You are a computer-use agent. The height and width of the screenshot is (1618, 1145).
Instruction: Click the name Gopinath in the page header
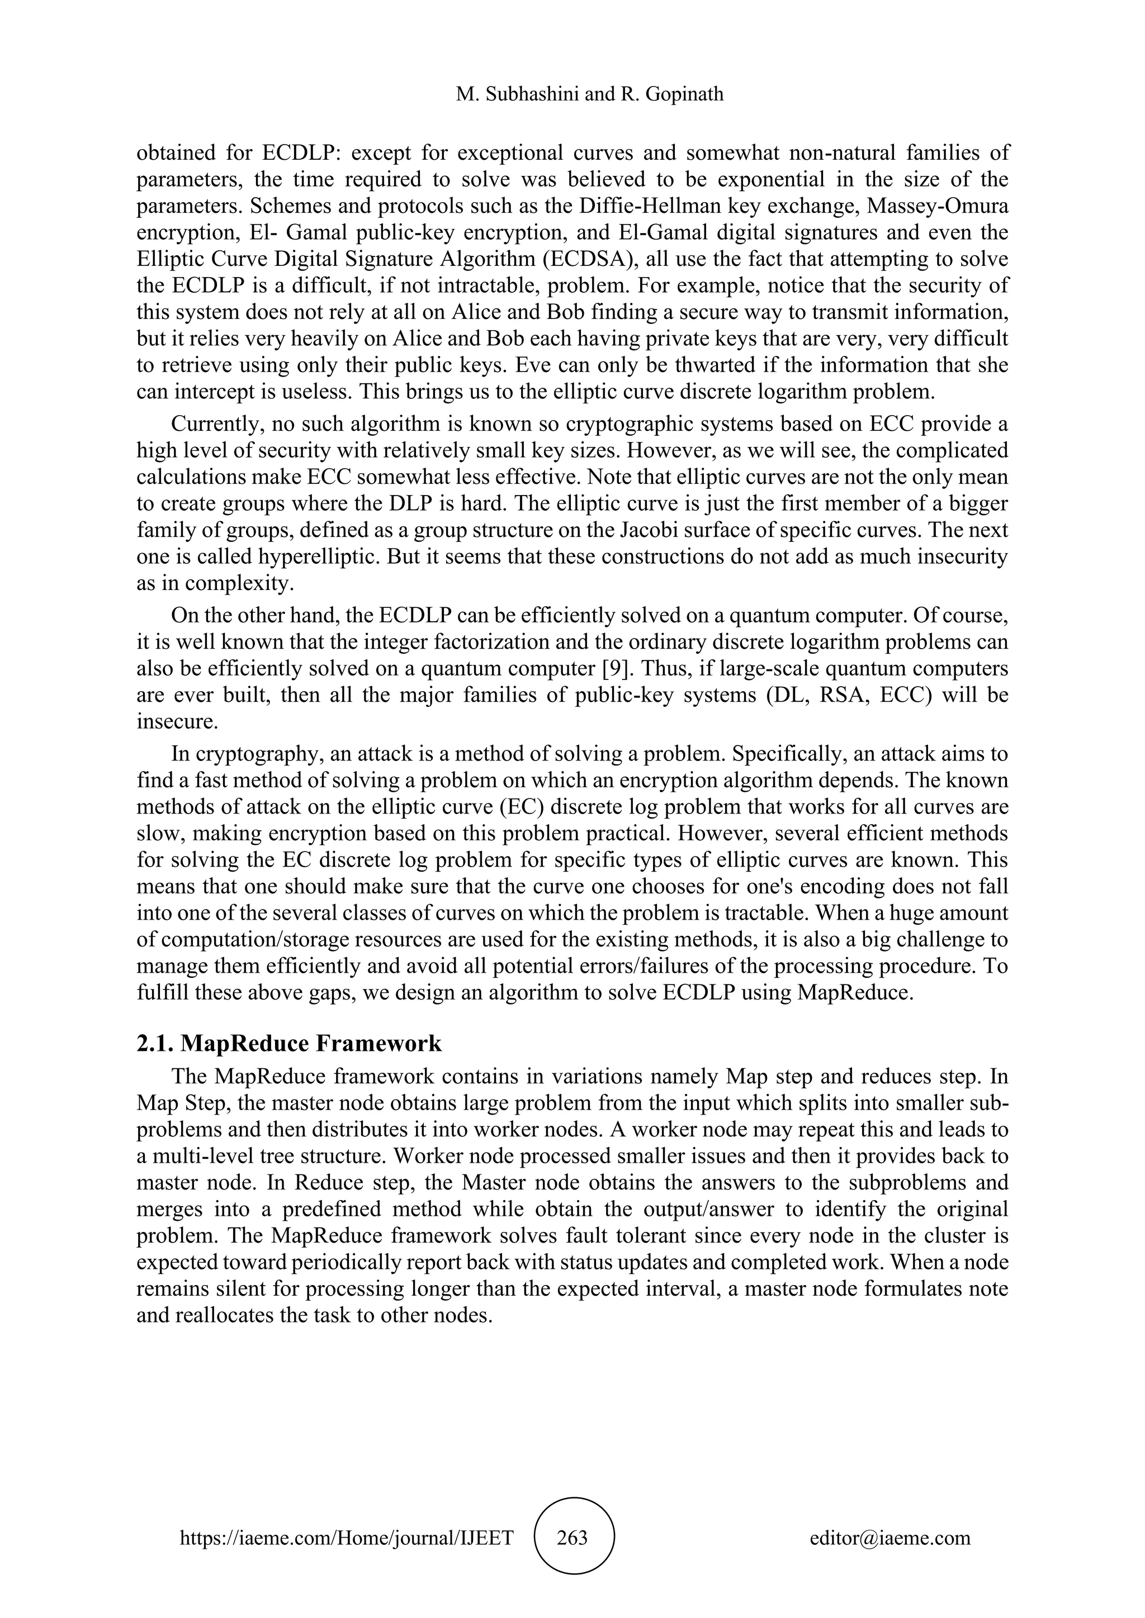pyautogui.click(x=683, y=94)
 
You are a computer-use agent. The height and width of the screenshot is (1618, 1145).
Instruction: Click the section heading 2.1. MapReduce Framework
pyautogui.click(x=289, y=1043)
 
